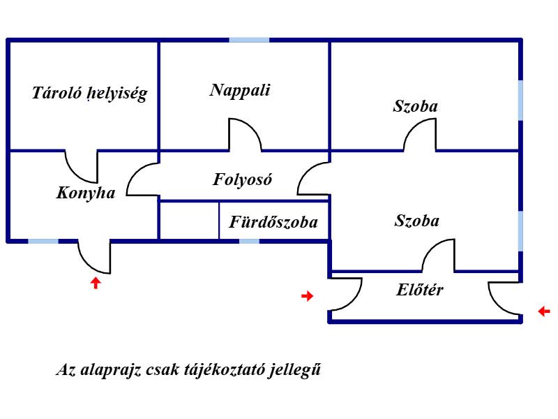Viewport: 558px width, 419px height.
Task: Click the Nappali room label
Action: point(240,91)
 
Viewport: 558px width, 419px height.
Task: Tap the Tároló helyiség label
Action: point(90,94)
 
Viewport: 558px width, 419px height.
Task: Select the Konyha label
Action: point(86,193)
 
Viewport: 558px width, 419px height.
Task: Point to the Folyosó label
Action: point(242,179)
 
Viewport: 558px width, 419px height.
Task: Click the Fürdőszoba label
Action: point(273,222)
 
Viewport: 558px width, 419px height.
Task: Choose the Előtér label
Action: point(420,290)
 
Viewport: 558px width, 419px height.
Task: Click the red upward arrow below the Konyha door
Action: point(96,283)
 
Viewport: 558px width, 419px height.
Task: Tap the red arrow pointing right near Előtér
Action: point(307,295)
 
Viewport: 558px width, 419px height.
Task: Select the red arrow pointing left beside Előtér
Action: point(544,311)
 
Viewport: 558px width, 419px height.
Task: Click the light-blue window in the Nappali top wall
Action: point(249,40)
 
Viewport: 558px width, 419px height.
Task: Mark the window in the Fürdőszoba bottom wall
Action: point(249,241)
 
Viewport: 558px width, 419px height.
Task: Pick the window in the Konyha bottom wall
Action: point(43,241)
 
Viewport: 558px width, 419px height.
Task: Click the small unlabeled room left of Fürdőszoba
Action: point(189,221)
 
